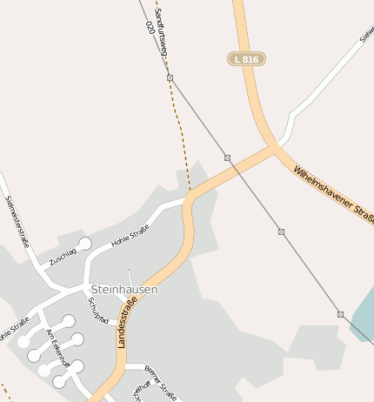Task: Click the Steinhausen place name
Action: pos(124,289)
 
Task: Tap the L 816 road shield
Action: pos(246,58)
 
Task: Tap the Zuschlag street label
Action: pos(63,256)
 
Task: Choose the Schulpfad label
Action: pos(99,311)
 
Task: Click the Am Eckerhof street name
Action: pos(57,348)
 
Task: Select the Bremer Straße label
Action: pos(160,384)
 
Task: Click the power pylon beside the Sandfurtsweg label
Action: pos(170,78)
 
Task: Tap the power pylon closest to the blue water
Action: pos(340,314)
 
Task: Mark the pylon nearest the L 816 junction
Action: pos(227,157)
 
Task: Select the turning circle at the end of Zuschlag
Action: pos(84,244)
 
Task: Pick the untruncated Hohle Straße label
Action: pos(130,235)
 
